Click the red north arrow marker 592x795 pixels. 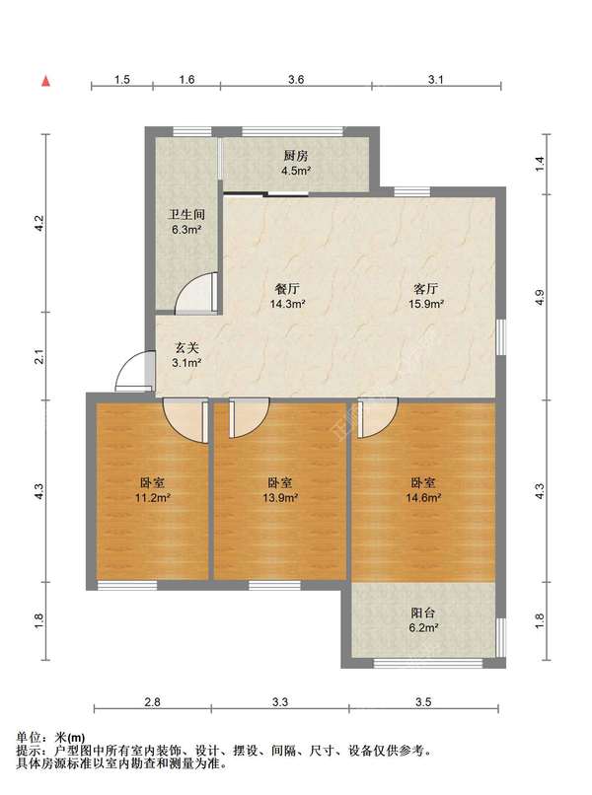point(45,81)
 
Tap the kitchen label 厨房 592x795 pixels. point(296,156)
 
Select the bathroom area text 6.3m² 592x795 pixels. point(187,230)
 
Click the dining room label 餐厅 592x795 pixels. point(287,289)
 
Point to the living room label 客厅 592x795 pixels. point(426,289)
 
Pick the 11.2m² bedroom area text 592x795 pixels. point(152,498)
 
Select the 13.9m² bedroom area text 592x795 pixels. point(280,498)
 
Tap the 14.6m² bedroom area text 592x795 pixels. point(423,498)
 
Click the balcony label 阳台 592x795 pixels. point(423,613)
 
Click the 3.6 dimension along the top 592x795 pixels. point(296,80)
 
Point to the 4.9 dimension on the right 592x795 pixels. point(540,297)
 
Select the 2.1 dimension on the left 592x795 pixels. point(39,356)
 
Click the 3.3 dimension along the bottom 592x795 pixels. point(280,702)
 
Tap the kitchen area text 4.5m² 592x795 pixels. point(296,171)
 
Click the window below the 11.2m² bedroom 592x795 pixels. point(127,586)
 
